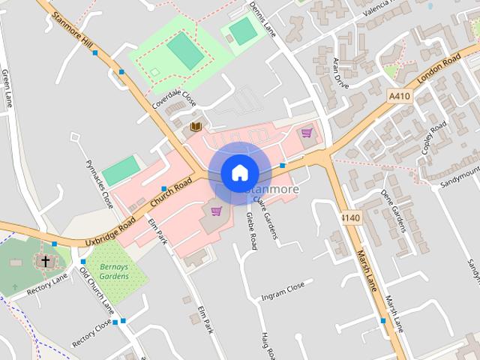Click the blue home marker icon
(239, 173)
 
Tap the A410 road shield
(400, 96)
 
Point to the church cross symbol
(45, 261)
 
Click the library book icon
(196, 127)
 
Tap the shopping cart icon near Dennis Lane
(306, 133)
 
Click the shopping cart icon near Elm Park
(217, 211)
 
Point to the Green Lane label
(7, 89)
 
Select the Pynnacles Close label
(99, 184)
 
